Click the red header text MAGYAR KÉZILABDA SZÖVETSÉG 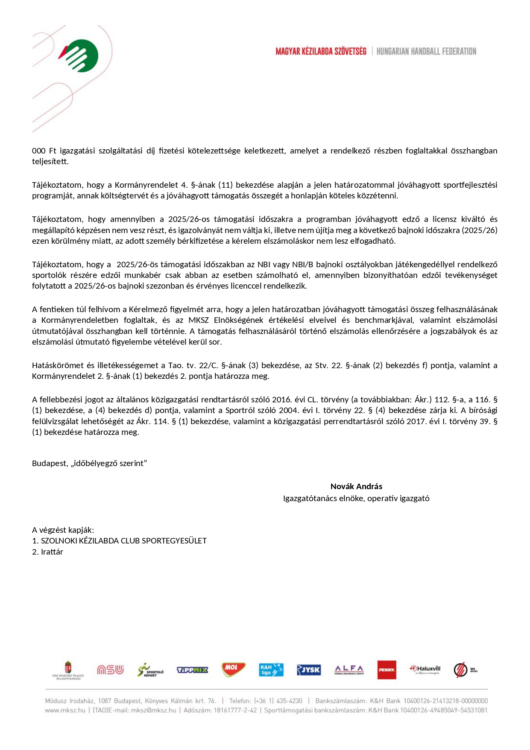[x=321, y=51]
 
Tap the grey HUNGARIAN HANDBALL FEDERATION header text [x=426, y=51]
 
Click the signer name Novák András [x=356, y=486]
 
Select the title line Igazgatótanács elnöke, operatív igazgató [x=356, y=498]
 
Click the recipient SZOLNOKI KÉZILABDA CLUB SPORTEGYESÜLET [x=123, y=540]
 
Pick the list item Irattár [x=52, y=552]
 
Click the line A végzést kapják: [x=63, y=530]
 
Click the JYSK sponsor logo [x=309, y=670]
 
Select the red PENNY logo [x=387, y=670]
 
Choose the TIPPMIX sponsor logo [x=192, y=670]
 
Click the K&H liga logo [x=271, y=670]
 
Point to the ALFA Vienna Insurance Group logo [x=349, y=670]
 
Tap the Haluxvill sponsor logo [x=425, y=669]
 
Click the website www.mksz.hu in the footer [x=65, y=710]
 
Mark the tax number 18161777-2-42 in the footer [x=235, y=710]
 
